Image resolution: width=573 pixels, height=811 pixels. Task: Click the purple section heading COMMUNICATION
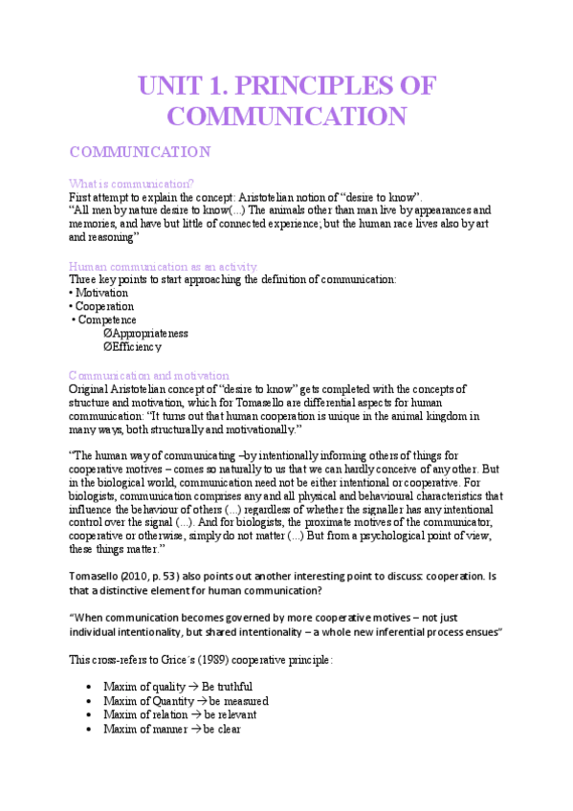point(140,151)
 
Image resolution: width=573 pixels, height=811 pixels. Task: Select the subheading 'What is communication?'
point(131,183)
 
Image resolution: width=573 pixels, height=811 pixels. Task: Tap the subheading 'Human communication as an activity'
point(163,265)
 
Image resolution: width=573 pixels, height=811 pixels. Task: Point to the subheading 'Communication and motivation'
point(149,375)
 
